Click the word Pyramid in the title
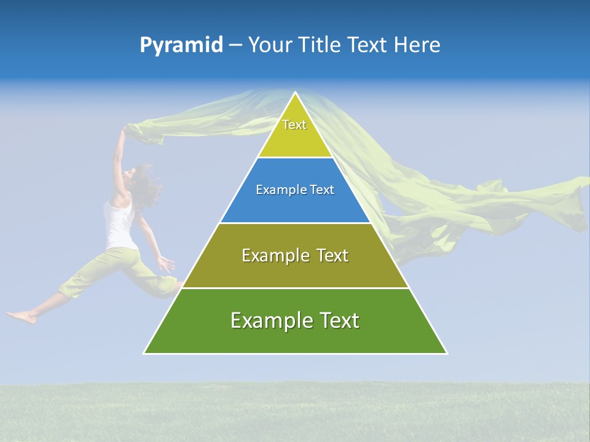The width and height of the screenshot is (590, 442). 181,45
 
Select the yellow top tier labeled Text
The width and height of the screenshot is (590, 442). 294,132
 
